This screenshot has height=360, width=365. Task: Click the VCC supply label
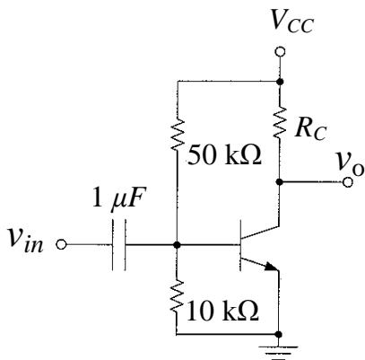291,22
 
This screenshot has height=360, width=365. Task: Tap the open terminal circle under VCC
280,52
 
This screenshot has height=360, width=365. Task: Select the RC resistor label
310,130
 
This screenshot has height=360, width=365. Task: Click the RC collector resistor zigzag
280,122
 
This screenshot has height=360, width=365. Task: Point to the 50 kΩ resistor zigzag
178,134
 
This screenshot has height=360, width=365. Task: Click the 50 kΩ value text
224,155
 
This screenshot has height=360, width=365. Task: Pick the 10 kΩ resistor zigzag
178,296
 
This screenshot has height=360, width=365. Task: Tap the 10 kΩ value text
222,312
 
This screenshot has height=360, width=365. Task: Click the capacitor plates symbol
119,245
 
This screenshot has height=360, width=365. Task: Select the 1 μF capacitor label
119,198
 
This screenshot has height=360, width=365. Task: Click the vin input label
26,241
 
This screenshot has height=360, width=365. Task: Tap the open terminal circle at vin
61,244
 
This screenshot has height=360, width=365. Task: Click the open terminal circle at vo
348,182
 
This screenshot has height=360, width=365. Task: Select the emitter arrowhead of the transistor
272,267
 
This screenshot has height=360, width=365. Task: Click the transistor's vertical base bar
240,245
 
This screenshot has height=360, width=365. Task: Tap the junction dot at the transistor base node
178,245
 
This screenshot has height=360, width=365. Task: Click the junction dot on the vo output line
280,181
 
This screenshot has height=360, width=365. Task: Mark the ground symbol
279,352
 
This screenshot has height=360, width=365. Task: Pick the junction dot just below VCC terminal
280,81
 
